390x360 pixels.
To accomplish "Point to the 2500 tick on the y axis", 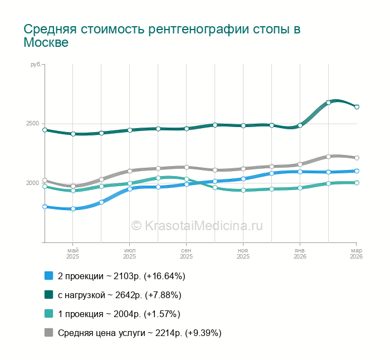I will [x=32, y=123].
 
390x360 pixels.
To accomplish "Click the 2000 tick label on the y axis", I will [x=32, y=183].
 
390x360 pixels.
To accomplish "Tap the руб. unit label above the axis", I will [x=35, y=65].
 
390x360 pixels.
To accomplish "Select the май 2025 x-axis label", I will [x=73, y=254].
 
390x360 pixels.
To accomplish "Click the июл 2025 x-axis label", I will [x=129, y=254].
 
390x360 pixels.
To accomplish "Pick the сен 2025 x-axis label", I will [x=186, y=254].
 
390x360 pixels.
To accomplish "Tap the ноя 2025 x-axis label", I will [x=243, y=254].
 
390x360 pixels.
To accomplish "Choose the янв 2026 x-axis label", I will [x=300, y=254].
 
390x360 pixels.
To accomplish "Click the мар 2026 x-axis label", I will [x=356, y=254].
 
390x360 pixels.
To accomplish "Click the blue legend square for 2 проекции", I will [x=48, y=276].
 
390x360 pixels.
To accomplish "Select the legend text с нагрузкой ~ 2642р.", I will [x=119, y=295].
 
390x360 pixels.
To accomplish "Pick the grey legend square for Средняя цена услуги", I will [x=48, y=333].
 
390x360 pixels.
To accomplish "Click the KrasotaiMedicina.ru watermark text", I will [x=197, y=225].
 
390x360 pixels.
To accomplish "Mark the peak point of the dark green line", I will [x=329, y=103].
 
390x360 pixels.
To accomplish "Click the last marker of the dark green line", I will [x=357, y=107].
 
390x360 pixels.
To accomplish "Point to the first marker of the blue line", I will [x=45, y=207].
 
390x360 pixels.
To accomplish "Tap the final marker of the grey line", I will [x=357, y=158].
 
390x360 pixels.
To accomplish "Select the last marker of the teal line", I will [x=357, y=183].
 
